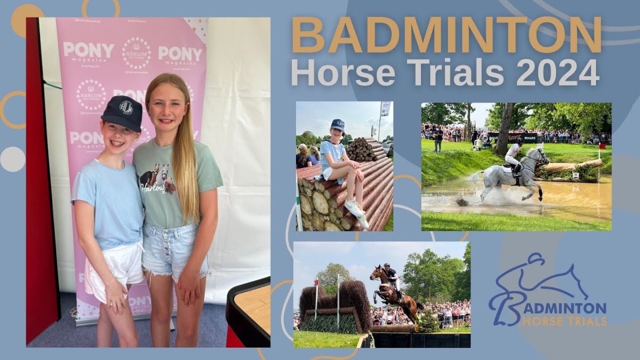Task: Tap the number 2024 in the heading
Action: (557, 72)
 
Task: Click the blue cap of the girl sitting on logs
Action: (338, 124)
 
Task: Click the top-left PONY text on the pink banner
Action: (88, 50)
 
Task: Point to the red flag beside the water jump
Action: (602, 146)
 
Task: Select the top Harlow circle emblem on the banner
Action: (136, 52)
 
